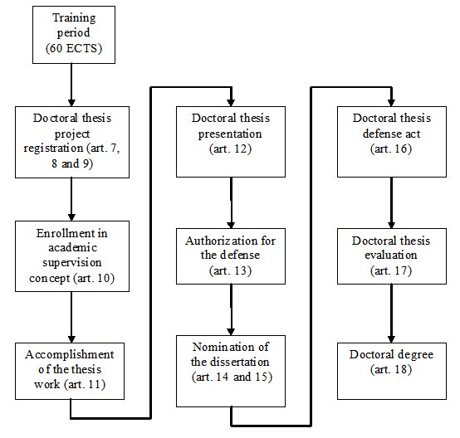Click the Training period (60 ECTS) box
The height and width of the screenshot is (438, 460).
coord(74,35)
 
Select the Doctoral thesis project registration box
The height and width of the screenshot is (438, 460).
coord(72,142)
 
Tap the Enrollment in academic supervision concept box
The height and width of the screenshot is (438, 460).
coord(72,256)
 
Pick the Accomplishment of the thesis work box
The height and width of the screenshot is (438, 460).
coord(70,371)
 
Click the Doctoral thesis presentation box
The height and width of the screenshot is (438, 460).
coord(231,142)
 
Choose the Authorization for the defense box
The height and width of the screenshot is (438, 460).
coord(231,256)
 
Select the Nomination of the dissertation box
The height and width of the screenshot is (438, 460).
coord(231,371)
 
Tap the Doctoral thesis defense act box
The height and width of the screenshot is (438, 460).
coord(392,142)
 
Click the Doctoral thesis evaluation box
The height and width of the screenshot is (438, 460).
coord(392,256)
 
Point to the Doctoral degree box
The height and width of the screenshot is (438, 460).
coord(392,371)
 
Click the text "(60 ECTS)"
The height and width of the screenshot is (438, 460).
coord(74,48)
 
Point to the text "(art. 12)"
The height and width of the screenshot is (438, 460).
coord(230,149)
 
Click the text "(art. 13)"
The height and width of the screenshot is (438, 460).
coord(230,270)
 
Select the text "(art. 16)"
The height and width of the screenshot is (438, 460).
coord(391,149)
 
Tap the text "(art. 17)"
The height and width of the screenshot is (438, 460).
coord(391,270)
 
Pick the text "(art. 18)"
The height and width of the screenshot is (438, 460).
coord(391,369)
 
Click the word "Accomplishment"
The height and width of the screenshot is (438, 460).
coord(70,355)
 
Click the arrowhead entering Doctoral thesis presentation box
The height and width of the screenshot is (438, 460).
coord(231,102)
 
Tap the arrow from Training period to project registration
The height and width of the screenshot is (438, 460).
coord(71,85)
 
